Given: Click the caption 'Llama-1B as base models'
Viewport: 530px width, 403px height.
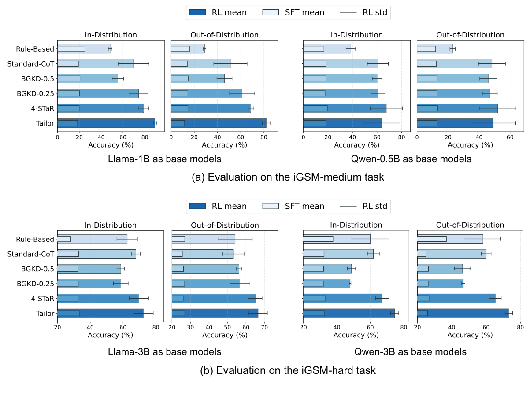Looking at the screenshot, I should (x=164, y=159).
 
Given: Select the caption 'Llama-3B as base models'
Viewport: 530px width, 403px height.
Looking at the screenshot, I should (x=164, y=352).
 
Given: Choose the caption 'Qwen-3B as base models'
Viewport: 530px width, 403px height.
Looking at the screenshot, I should (x=410, y=352).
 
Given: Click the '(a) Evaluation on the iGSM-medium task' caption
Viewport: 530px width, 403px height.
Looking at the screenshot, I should (x=288, y=177).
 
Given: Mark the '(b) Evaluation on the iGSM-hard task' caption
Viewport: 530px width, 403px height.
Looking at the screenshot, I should (x=288, y=370).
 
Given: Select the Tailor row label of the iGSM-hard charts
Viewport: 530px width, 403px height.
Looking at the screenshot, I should (x=45, y=313).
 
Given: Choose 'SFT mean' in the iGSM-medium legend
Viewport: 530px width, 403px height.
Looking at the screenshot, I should (x=304, y=12).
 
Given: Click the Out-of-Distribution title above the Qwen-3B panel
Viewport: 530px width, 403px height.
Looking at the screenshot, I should (x=470, y=225).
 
